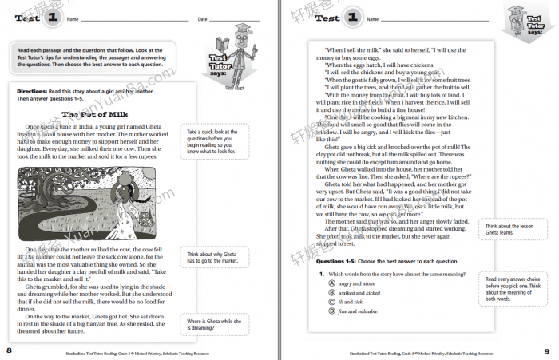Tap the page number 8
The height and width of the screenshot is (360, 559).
tap(9, 350)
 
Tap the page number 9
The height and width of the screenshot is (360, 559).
tap(547, 350)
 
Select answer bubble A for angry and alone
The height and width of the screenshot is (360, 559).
tap(320, 283)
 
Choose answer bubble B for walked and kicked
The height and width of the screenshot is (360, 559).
tap(320, 293)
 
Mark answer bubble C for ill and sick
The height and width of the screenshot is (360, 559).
tap(320, 303)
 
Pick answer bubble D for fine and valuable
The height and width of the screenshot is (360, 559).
tap(320, 312)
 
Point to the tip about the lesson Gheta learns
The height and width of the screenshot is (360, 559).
tap(510, 231)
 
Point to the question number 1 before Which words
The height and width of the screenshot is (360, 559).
tap(319, 273)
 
